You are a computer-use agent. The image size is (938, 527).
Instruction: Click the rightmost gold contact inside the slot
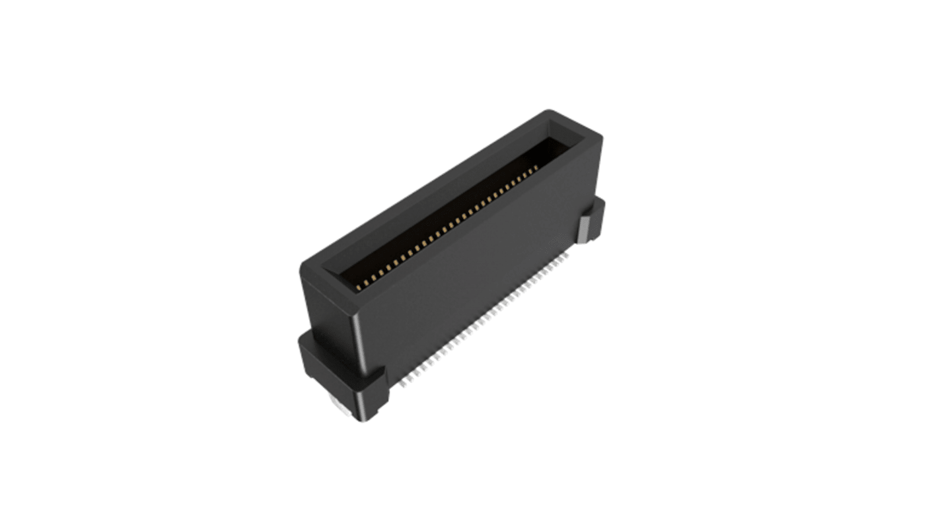click(x=537, y=168)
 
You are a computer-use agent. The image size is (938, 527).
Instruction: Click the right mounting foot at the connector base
click(x=593, y=221)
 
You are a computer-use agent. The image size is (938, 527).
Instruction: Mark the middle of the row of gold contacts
click(x=449, y=228)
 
